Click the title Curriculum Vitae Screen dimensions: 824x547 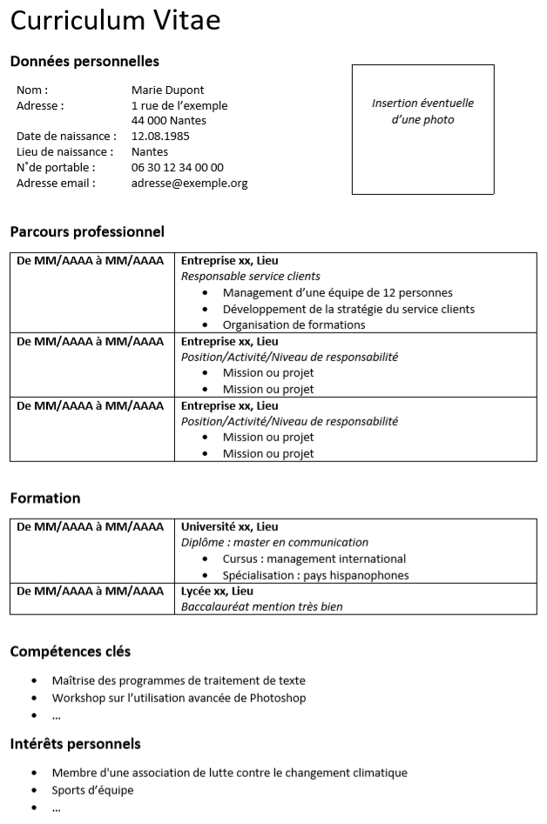point(116,21)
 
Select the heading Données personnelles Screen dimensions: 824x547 point(84,62)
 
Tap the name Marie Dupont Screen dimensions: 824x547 point(167,90)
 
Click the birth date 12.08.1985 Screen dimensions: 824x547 point(160,137)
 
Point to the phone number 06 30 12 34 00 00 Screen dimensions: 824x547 point(177,168)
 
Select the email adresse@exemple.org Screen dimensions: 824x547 point(189,184)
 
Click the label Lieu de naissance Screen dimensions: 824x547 point(65,152)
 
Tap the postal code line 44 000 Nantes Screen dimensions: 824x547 point(169,121)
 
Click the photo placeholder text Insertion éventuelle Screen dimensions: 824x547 point(422,104)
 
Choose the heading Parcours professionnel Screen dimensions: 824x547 point(87,232)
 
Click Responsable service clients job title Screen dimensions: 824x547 point(251,277)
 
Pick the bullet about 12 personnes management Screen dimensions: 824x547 point(337,293)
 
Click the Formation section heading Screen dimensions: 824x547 point(45,499)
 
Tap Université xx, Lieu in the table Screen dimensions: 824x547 point(230,527)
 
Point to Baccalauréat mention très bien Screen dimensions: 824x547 point(261,607)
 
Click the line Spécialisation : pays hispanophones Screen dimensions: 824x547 point(315,575)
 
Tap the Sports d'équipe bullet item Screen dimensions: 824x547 point(92,791)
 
